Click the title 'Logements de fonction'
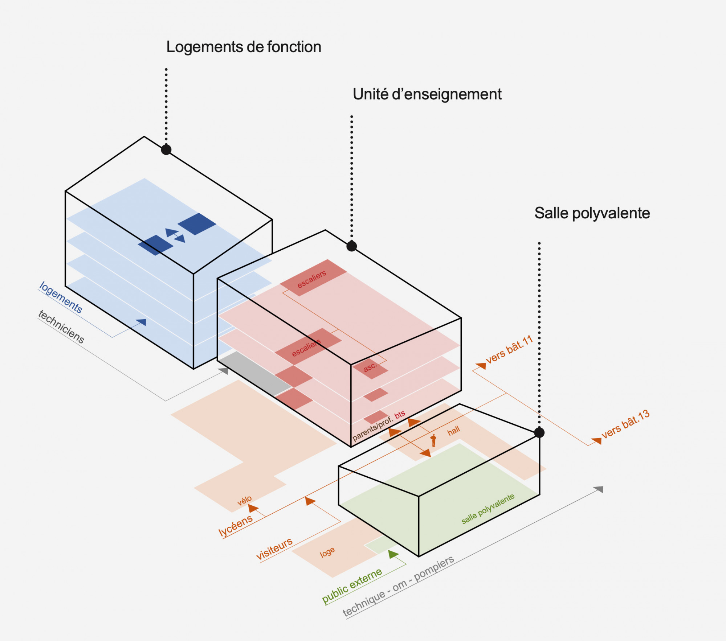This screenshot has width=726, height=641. pyautogui.click(x=244, y=47)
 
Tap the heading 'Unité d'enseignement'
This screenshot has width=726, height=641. pyautogui.click(x=427, y=94)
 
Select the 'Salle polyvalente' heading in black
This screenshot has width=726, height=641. pyautogui.click(x=592, y=213)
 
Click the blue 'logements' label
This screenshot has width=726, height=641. pyautogui.click(x=61, y=297)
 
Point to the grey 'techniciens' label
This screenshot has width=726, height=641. pyautogui.click(x=61, y=327)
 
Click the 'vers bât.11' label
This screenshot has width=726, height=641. pyautogui.click(x=509, y=350)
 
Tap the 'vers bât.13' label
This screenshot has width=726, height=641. pyautogui.click(x=625, y=424)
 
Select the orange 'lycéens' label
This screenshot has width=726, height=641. pyautogui.click(x=235, y=525)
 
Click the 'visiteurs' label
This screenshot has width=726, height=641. pyautogui.click(x=274, y=548)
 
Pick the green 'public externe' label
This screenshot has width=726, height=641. pyautogui.click(x=352, y=586)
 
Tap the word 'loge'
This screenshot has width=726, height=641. pyautogui.click(x=327, y=552)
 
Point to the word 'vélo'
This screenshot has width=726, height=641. pyautogui.click(x=244, y=501)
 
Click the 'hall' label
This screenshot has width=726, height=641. pyautogui.click(x=453, y=431)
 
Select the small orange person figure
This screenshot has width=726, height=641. pyautogui.click(x=433, y=440)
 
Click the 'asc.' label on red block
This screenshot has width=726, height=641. pyautogui.click(x=370, y=367)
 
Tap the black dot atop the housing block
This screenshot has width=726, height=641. pyautogui.click(x=166, y=149)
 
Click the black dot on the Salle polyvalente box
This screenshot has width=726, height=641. pyautogui.click(x=539, y=432)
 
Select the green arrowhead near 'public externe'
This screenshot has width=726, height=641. pyautogui.click(x=393, y=554)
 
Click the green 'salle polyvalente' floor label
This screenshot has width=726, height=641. pyautogui.click(x=488, y=509)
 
